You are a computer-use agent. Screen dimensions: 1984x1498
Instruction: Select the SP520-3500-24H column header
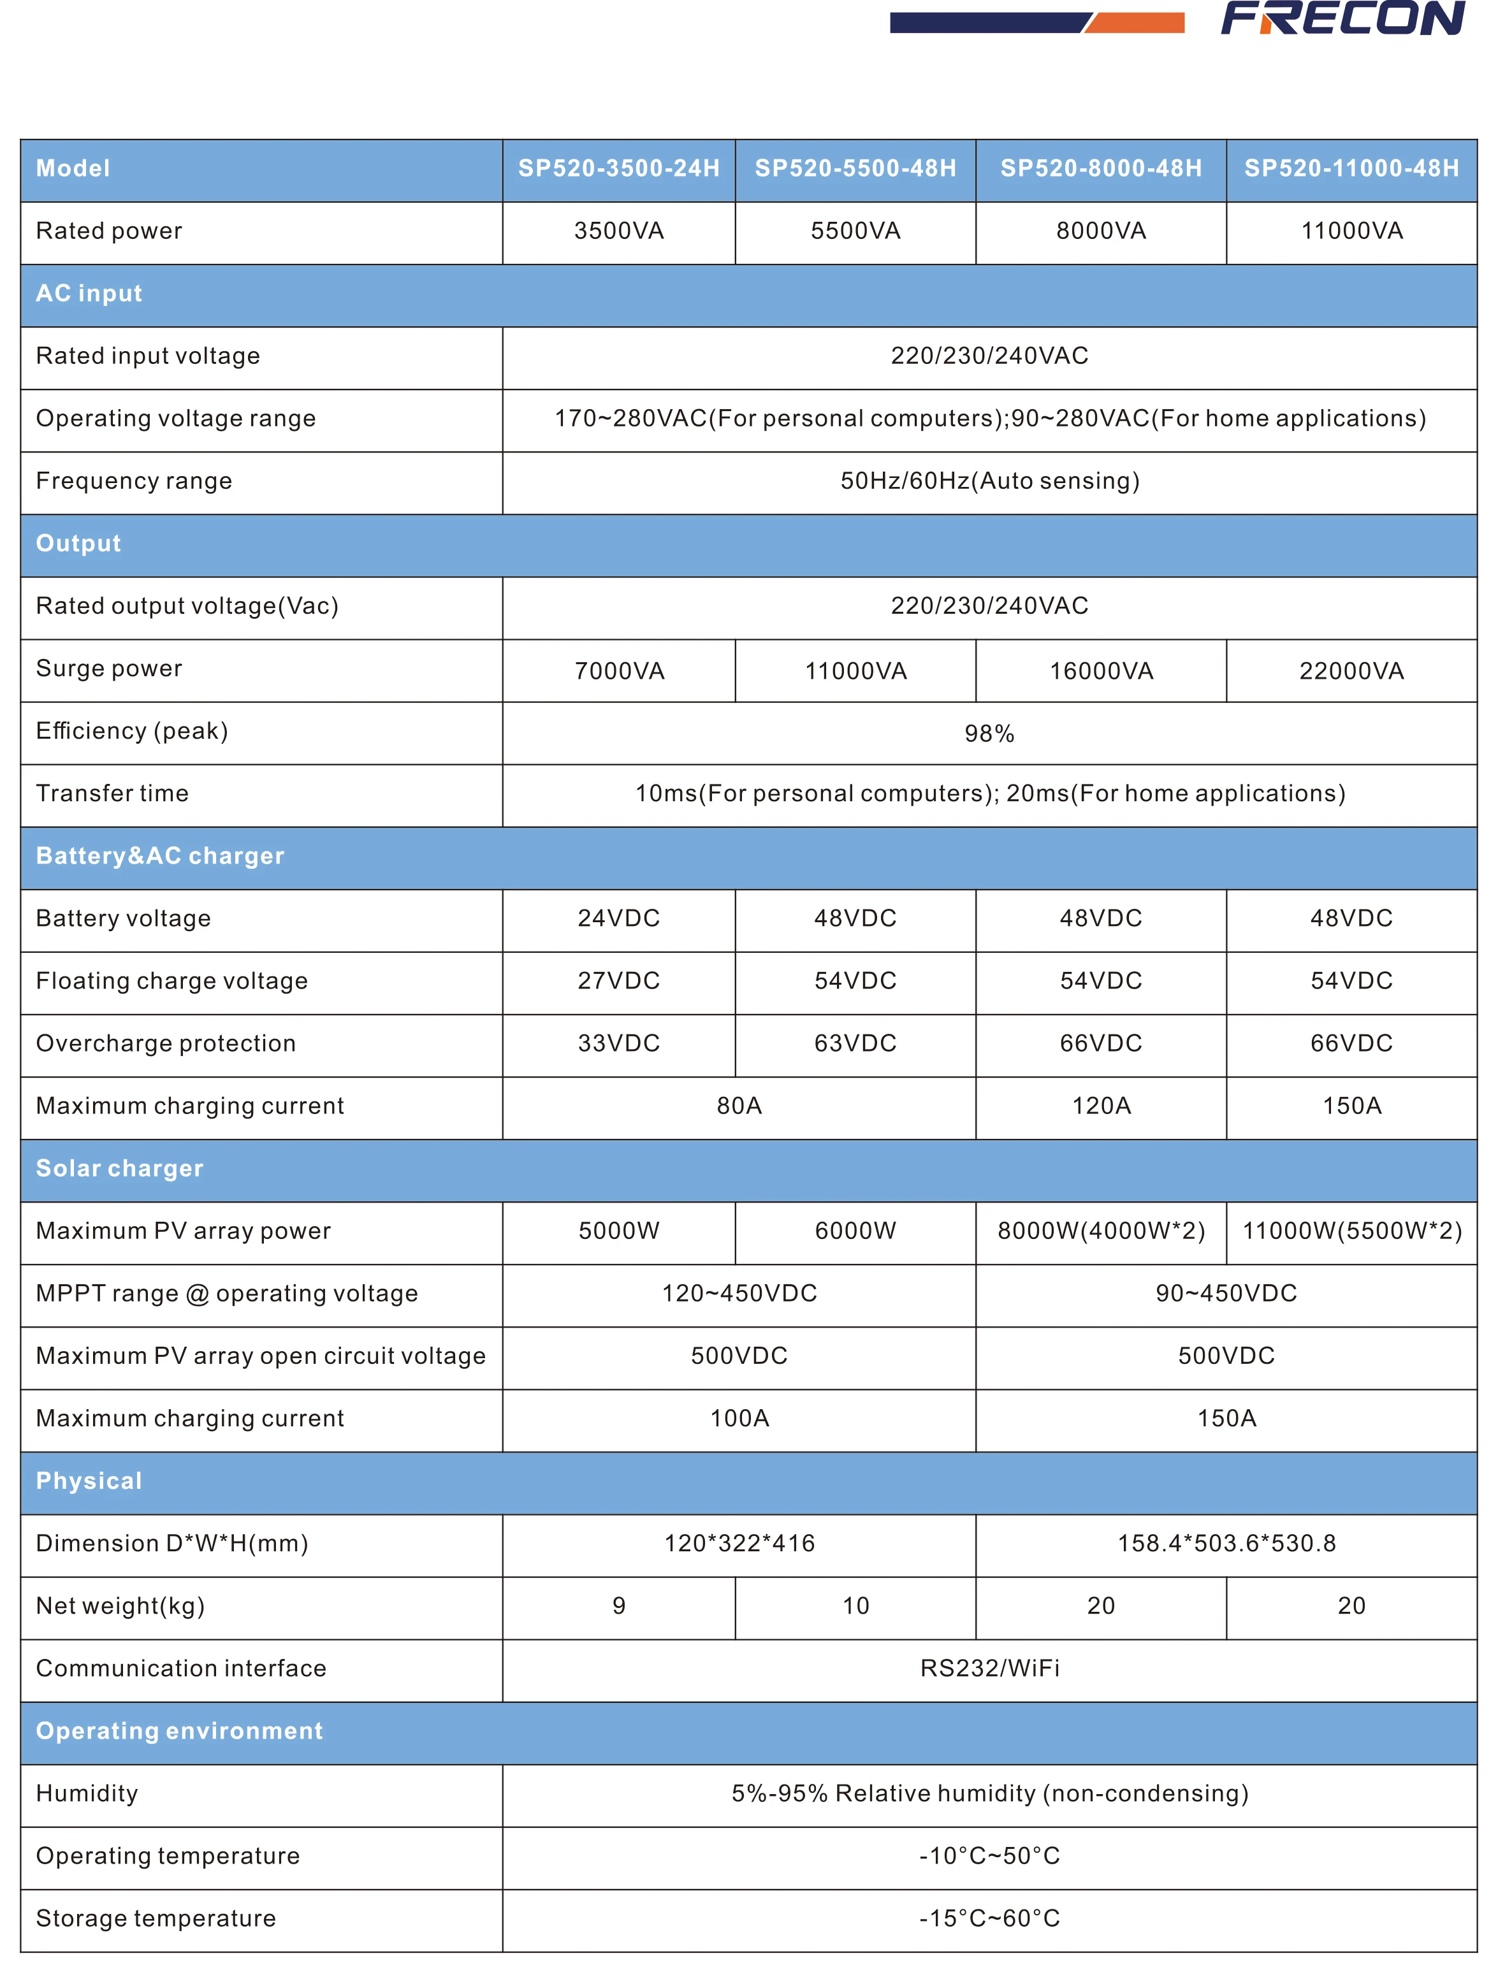(619, 169)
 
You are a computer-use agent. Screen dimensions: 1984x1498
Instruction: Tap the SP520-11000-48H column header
(1351, 169)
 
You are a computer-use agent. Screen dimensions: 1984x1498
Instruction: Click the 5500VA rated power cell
(855, 231)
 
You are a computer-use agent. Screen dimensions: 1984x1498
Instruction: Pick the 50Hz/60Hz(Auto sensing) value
(989, 482)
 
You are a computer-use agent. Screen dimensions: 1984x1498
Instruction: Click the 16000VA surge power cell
(1101, 672)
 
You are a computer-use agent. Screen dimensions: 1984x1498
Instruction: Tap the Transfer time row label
(112, 793)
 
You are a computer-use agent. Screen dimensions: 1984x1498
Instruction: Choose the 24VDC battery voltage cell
(619, 918)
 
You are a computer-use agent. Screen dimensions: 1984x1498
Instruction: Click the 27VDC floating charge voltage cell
(619, 981)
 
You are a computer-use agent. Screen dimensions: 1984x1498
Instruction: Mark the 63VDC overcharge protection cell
(855, 1044)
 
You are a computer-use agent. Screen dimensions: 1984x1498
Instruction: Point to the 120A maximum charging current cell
(1101, 1106)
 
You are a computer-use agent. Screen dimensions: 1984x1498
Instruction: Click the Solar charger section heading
(119, 1169)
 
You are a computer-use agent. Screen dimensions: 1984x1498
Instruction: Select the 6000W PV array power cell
(855, 1231)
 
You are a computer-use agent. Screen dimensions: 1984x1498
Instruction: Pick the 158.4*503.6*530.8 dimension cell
(1225, 1544)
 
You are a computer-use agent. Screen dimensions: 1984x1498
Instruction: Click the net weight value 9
(619, 1607)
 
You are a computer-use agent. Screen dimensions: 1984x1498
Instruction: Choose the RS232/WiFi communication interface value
(989, 1669)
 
